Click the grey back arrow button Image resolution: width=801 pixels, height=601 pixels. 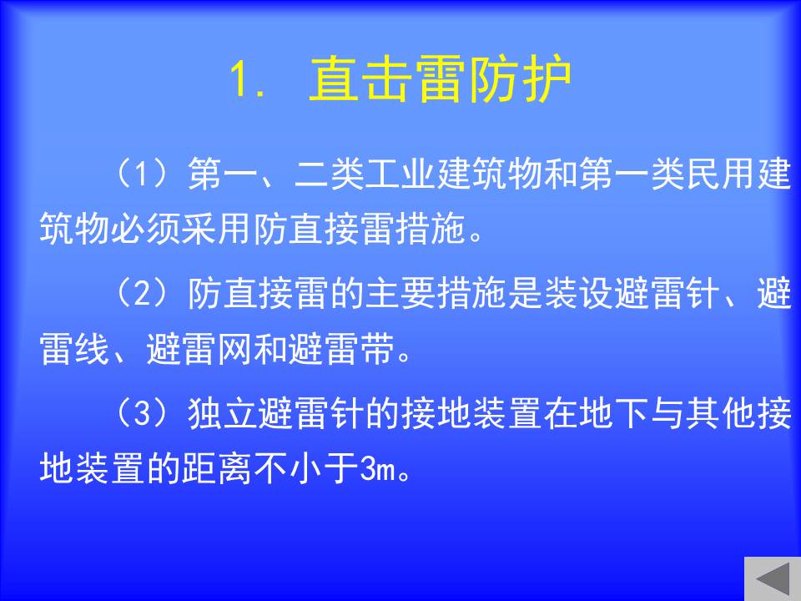(773, 578)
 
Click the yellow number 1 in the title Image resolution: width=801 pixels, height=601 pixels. (239, 78)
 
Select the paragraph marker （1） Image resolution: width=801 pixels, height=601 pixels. (142, 174)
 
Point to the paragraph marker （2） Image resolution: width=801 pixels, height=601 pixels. (142, 293)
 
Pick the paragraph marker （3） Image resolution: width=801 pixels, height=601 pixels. (142, 413)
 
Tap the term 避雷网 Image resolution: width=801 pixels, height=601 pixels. (199, 349)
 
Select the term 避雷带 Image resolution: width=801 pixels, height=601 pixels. (342, 349)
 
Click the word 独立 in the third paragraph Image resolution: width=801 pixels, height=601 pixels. (224, 413)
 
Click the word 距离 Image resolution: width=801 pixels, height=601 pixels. (217, 468)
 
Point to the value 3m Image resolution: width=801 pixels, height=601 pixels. (377, 468)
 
